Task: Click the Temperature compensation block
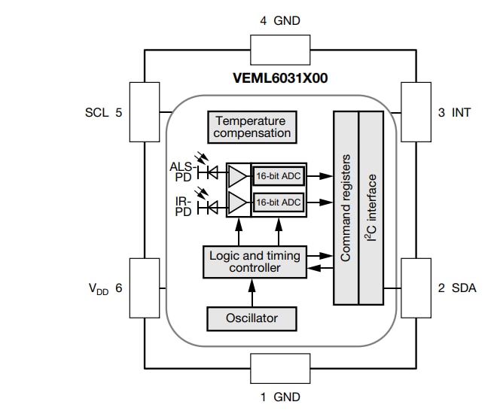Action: click(252, 127)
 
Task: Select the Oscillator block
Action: click(252, 318)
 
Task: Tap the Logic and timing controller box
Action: click(254, 261)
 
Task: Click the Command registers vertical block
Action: click(346, 208)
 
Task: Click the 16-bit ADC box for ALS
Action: click(278, 175)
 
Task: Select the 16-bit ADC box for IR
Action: click(278, 202)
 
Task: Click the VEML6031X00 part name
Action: click(280, 78)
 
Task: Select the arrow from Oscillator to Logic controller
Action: click(252, 292)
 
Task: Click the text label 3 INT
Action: click(454, 113)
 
